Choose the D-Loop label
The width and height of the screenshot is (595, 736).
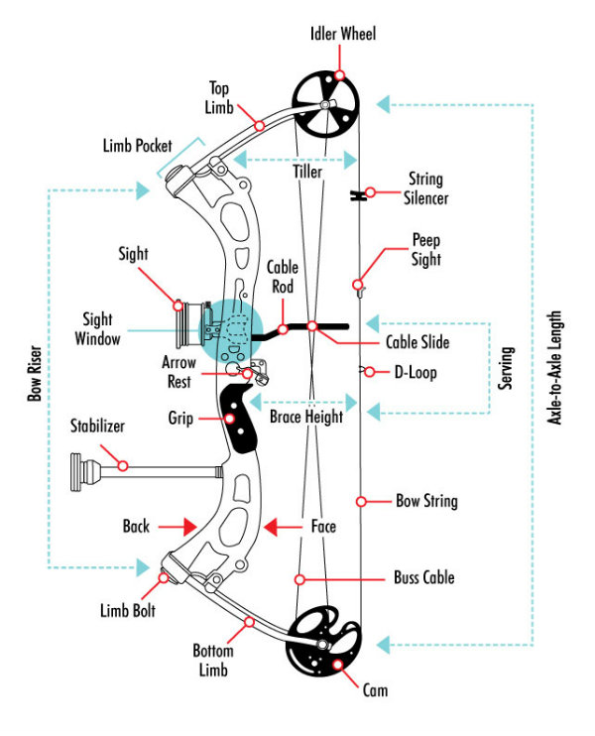tap(416, 373)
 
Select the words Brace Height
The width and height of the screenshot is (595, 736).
tap(306, 417)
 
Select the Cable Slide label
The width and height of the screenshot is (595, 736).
tap(417, 342)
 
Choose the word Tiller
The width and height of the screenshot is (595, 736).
tap(307, 172)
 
